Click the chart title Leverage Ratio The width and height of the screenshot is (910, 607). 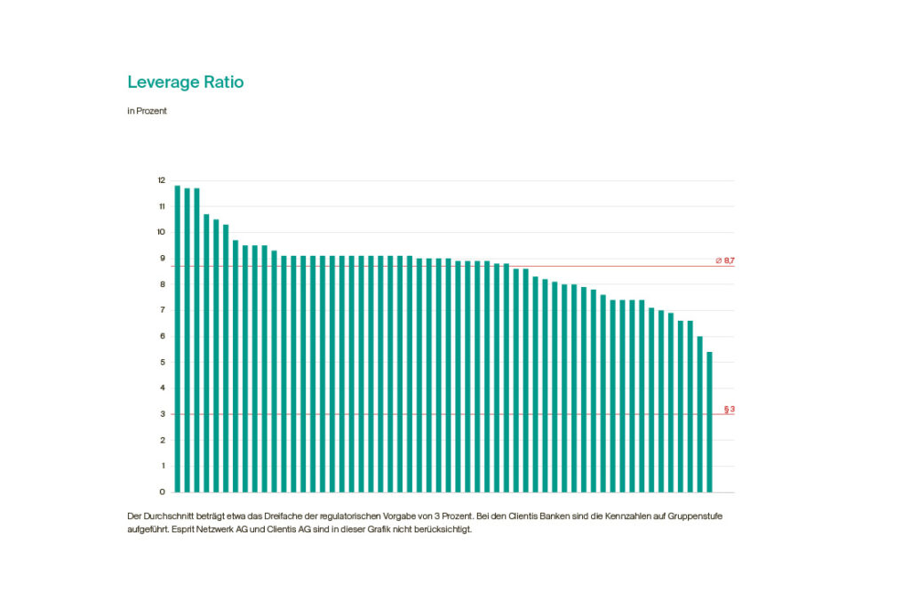[x=185, y=83]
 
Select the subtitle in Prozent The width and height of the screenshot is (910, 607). [x=147, y=112]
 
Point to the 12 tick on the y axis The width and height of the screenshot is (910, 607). [x=162, y=180]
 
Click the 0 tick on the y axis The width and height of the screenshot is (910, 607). [x=162, y=491]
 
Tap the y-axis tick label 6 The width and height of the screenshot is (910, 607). [x=162, y=336]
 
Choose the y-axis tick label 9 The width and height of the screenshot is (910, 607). [x=162, y=259]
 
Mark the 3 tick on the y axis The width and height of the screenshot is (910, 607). [x=162, y=414]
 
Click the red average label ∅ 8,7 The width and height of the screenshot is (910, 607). [x=724, y=260]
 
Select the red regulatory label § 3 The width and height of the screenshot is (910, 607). [x=729, y=410]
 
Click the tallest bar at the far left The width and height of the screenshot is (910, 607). [x=178, y=338]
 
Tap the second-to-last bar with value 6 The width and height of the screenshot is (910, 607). [x=699, y=414]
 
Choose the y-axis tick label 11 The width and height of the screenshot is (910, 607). [x=162, y=206]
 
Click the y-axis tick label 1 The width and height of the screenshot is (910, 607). [x=162, y=466]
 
